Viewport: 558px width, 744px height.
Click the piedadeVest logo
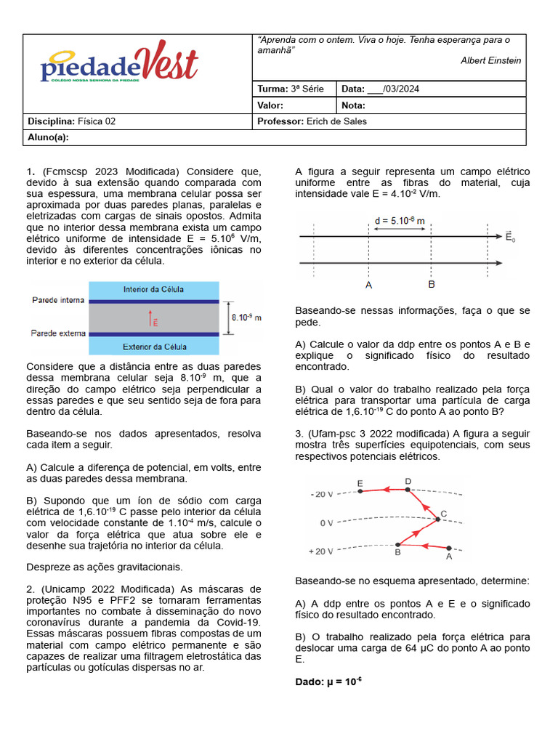[118, 64]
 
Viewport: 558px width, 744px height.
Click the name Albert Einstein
[490, 60]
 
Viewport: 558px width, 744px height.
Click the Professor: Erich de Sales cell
[312, 121]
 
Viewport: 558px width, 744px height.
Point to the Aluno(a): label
[48, 137]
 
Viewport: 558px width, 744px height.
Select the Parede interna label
[58, 300]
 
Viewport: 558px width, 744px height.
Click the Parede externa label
[58, 333]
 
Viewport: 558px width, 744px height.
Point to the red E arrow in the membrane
[153, 318]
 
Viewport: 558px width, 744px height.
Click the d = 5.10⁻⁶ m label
[400, 219]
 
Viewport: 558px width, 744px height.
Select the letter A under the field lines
[369, 286]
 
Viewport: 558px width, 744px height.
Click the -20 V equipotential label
[320, 494]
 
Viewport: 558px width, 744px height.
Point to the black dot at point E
[360, 491]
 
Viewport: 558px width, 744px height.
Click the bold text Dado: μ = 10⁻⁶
[328, 682]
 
